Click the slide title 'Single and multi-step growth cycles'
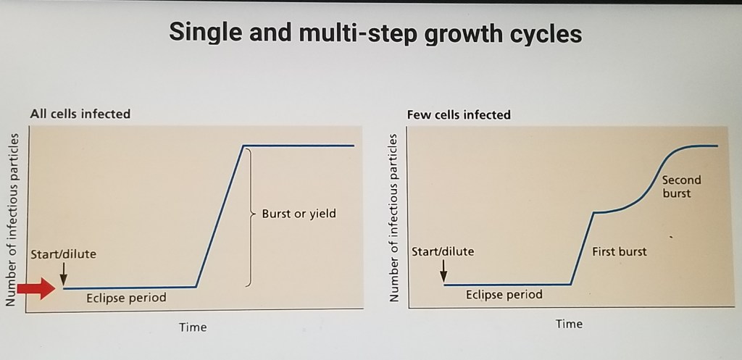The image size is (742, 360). (375, 33)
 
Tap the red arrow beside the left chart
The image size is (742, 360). (36, 288)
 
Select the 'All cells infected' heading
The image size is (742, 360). (80, 114)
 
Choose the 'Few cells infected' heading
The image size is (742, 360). (459, 115)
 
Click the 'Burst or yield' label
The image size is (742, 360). (299, 214)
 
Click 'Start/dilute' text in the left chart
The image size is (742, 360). (64, 254)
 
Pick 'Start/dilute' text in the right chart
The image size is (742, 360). (443, 251)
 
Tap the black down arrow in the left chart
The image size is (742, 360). (64, 274)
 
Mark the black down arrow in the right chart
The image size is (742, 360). (443, 271)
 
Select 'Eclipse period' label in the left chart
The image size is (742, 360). (126, 298)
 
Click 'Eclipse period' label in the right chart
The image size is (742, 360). (504, 295)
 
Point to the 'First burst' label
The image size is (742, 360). (620, 251)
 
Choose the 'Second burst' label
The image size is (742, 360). (681, 186)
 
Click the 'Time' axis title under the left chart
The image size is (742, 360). (193, 327)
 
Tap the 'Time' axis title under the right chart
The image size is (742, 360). (570, 324)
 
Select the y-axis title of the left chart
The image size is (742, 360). (12, 220)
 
